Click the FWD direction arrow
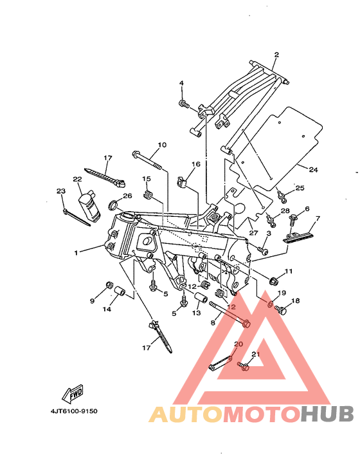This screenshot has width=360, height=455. pyautogui.click(x=73, y=393)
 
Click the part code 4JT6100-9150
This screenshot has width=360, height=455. pyautogui.click(x=74, y=411)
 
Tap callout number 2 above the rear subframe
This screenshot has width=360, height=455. pyautogui.click(x=276, y=55)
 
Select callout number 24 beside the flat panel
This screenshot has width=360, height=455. pyautogui.click(x=313, y=169)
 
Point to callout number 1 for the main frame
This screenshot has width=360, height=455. pyautogui.click(x=76, y=253)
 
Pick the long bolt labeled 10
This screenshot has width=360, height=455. pyautogui.click(x=148, y=160)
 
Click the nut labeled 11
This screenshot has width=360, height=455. pyautogui.click(x=274, y=281)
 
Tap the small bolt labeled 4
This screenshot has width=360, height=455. pyautogui.click(x=184, y=104)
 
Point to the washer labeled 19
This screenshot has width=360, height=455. pyautogui.click(x=270, y=304)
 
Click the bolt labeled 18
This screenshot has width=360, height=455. pyautogui.click(x=280, y=310)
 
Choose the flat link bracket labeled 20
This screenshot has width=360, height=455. pyautogui.click(x=221, y=363)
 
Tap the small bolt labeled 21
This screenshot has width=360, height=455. pyautogui.click(x=244, y=366)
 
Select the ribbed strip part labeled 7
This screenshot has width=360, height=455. pyautogui.click(x=298, y=236)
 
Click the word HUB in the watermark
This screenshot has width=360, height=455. pyautogui.click(x=327, y=414)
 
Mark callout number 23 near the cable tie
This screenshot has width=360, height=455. pyautogui.click(x=61, y=191)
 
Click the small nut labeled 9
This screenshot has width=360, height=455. pyautogui.click(x=109, y=285)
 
